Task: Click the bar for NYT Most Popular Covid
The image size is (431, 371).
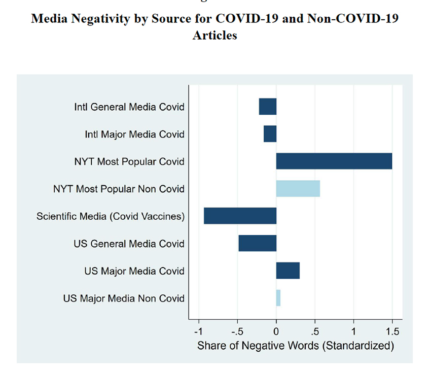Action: (334, 161)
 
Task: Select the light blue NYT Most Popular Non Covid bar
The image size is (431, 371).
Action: (298, 189)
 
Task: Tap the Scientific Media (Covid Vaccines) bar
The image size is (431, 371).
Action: (240, 216)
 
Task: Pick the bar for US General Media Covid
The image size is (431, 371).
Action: (257, 243)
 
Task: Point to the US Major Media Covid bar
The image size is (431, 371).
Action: (288, 271)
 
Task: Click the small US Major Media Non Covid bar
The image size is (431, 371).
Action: (278, 298)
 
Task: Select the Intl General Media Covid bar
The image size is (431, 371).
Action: (267, 107)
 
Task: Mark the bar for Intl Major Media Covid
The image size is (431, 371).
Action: (270, 134)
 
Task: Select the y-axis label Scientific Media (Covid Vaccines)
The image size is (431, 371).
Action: (111, 217)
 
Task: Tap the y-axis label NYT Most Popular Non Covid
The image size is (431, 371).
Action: (119, 189)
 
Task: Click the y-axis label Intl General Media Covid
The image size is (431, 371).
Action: (129, 107)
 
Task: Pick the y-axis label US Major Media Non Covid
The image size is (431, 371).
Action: (124, 298)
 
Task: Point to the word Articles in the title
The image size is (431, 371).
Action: (214, 36)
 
